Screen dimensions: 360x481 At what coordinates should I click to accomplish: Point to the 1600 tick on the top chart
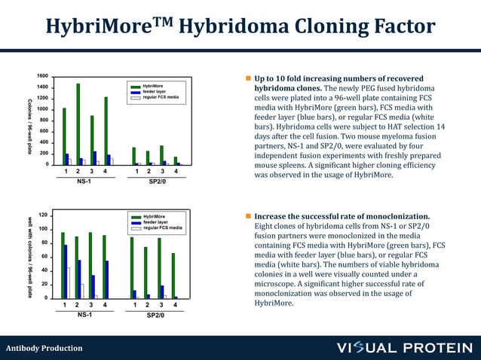tap(42, 76)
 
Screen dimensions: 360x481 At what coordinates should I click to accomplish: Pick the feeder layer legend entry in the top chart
tap(154, 92)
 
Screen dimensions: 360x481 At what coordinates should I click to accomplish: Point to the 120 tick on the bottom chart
tap(44, 215)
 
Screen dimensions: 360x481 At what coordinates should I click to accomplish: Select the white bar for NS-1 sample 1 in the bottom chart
tap(68, 283)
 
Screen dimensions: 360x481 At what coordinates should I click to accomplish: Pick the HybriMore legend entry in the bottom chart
tap(154, 217)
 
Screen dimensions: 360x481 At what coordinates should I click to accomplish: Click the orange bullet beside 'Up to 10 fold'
tap(247, 79)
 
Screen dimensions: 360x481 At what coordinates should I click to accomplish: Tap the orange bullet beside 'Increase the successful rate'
tap(247, 217)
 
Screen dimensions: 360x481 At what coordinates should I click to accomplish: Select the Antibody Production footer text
tap(44, 348)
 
